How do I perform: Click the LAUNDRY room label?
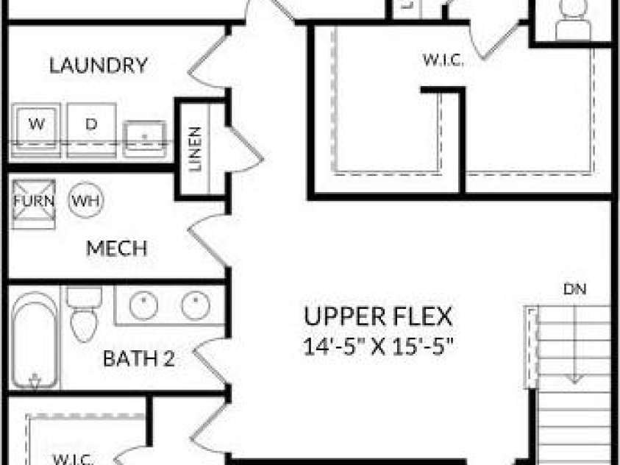[x=99, y=65]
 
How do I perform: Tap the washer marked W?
[x=36, y=130]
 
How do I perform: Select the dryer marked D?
[x=91, y=130]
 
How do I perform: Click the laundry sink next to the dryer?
[x=144, y=139]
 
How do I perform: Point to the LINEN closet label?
[x=196, y=149]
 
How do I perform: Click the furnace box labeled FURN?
[x=34, y=204]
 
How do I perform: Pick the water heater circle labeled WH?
[x=86, y=200]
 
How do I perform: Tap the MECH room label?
[x=117, y=248]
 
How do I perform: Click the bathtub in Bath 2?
[x=35, y=341]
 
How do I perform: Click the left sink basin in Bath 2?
[x=143, y=305]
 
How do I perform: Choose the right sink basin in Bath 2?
[x=196, y=305]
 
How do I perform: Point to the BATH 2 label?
[x=139, y=358]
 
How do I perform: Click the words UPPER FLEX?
[x=378, y=316]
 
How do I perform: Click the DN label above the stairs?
[x=575, y=289]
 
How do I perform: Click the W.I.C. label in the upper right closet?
[x=443, y=60]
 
